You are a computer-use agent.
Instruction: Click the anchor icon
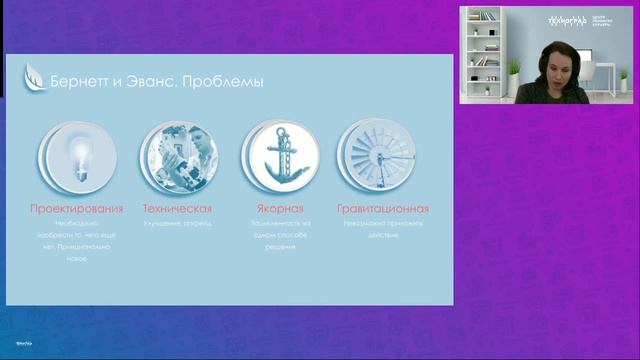pyautogui.click(x=279, y=157)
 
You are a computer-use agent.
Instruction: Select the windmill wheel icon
pyautogui.click(x=377, y=157)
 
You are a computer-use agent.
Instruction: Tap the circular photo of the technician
pyautogui.click(x=177, y=157)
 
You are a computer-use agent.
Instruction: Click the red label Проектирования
pyautogui.click(x=77, y=209)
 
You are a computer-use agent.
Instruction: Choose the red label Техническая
pyautogui.click(x=177, y=209)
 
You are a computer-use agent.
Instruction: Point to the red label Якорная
pyautogui.click(x=279, y=209)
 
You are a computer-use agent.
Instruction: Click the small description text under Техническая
pyautogui.click(x=177, y=223)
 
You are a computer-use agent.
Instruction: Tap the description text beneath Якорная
pyautogui.click(x=280, y=234)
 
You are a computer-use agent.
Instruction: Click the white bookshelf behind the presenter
pyautogui.click(x=484, y=50)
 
